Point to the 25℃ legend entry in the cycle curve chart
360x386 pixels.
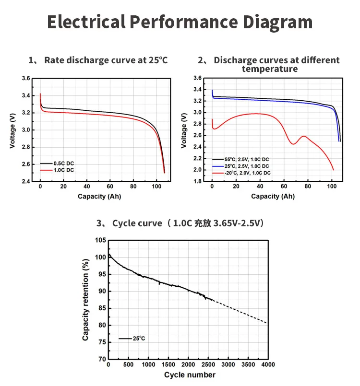pyautogui.click(x=139, y=339)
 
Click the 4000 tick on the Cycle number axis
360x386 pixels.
pyautogui.click(x=267, y=366)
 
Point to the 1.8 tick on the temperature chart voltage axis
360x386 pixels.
pyautogui.click(x=198, y=181)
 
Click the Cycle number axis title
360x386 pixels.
pyautogui.click(x=190, y=375)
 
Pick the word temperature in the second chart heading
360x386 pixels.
pyautogui.click(x=269, y=69)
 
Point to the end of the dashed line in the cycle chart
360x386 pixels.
pyautogui.click(x=267, y=323)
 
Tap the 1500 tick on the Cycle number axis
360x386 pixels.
pyautogui.click(x=168, y=366)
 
